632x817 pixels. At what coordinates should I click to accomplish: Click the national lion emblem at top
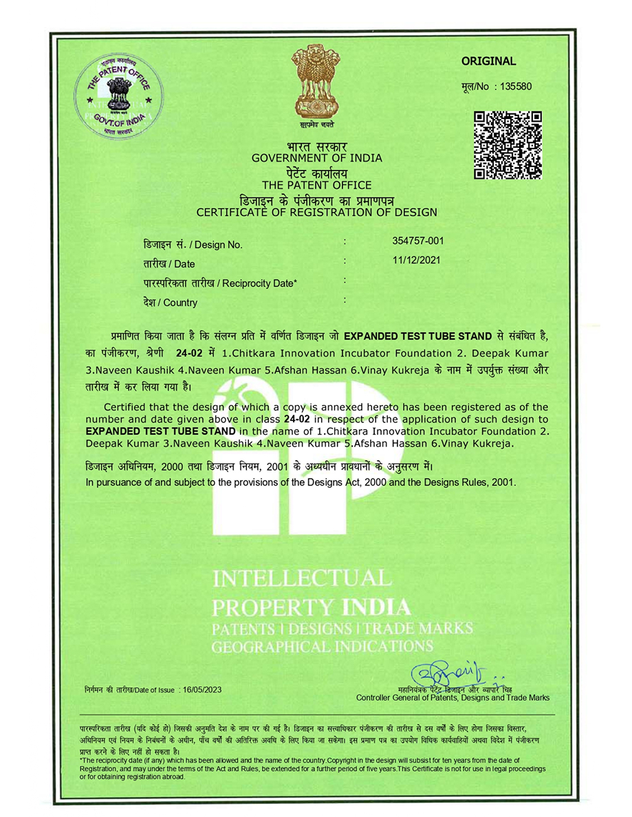tap(317, 81)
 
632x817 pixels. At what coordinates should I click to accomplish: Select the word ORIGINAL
tap(488, 61)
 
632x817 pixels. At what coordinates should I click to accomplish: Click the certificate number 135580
tap(512, 87)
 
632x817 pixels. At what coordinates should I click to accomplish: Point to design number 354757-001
tap(418, 241)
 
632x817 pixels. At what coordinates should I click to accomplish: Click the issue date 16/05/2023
tap(202, 689)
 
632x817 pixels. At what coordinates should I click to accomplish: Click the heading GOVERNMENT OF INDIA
tap(316, 158)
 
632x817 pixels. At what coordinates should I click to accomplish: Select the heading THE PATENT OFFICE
tap(316, 185)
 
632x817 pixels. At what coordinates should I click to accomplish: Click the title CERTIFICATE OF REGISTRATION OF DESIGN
tap(316, 212)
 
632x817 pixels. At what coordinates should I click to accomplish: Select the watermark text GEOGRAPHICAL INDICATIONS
tap(323, 646)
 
